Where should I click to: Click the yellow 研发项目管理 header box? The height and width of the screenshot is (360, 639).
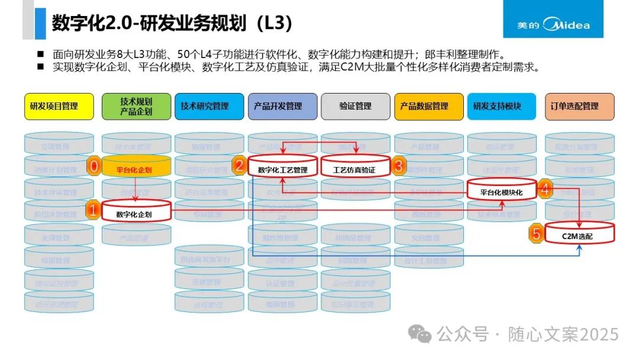pyautogui.click(x=59, y=107)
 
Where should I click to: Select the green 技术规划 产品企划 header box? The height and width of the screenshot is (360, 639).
pyautogui.click(x=136, y=107)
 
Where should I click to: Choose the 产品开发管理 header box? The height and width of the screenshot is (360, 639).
pyautogui.click(x=282, y=107)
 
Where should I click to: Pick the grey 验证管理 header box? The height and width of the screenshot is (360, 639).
pyautogui.click(x=356, y=107)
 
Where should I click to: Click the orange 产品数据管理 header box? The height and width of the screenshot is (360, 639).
pyautogui.click(x=429, y=107)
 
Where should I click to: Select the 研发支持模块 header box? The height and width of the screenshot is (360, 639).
pyautogui.click(x=502, y=107)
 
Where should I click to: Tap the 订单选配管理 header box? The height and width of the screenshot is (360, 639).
pyautogui.click(x=579, y=107)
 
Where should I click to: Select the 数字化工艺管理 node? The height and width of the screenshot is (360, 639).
pyautogui.click(x=283, y=169)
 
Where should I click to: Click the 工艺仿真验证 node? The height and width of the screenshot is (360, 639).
pyautogui.click(x=356, y=169)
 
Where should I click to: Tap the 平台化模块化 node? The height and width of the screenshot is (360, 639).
pyautogui.click(x=502, y=191)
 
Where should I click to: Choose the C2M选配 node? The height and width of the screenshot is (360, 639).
pyautogui.click(x=579, y=235)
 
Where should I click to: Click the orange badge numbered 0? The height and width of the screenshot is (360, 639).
pyautogui.click(x=93, y=166)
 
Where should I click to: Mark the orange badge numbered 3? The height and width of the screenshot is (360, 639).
pyautogui.click(x=398, y=166)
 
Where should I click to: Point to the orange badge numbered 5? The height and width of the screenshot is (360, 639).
pyautogui.click(x=536, y=233)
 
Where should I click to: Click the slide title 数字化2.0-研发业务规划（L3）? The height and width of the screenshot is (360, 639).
pyautogui.click(x=172, y=23)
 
